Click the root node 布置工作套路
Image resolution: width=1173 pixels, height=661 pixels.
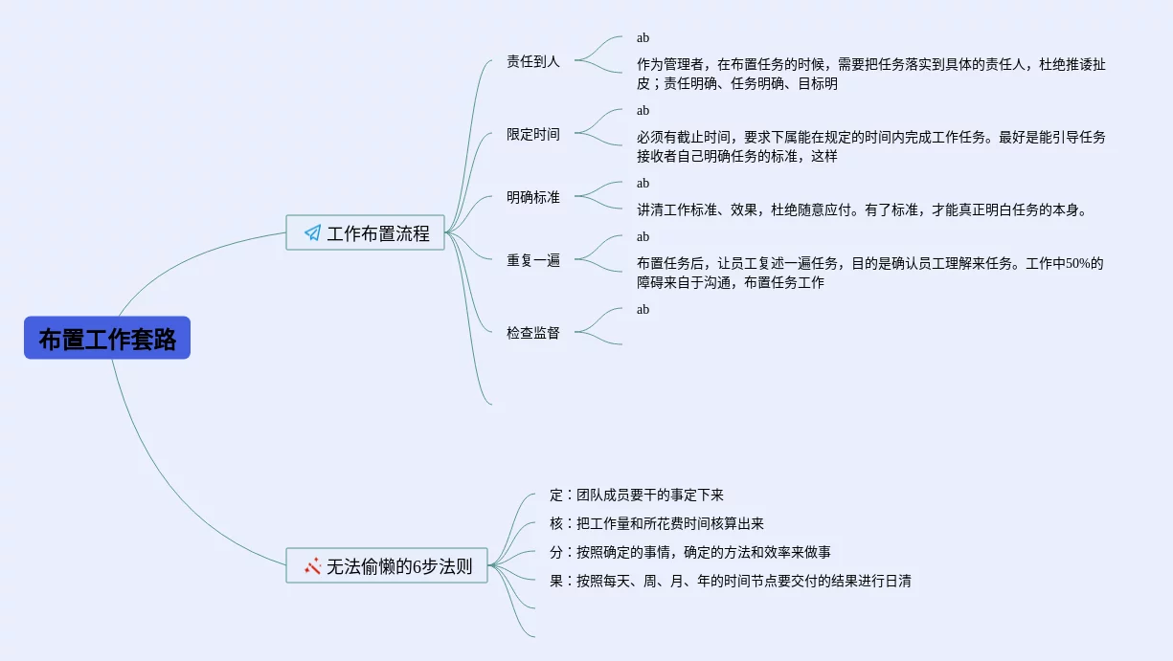pos(107,339)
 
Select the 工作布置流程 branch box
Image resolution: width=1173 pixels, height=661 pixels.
pos(366,232)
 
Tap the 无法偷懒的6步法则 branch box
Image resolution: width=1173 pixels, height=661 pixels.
pos(387,565)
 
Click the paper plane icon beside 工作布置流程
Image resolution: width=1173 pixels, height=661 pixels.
pos(312,232)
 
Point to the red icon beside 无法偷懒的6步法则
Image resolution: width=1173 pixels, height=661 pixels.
pos(312,565)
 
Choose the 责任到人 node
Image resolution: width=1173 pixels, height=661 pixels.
pos(533,61)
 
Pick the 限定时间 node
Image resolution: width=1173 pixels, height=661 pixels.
pos(533,134)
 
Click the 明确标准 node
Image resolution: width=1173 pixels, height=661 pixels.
pos(533,197)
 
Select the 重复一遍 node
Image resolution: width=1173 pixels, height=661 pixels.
pos(533,260)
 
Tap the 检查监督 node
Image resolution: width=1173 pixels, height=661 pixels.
pos(533,333)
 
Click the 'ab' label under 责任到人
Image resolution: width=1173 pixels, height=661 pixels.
pos(643,38)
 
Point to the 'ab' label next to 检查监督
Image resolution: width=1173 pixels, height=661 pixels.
pos(643,309)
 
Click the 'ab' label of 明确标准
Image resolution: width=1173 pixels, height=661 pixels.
pos(643,183)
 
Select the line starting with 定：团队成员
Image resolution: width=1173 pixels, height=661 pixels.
pos(637,496)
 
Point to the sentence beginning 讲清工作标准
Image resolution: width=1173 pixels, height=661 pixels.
pos(862,209)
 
